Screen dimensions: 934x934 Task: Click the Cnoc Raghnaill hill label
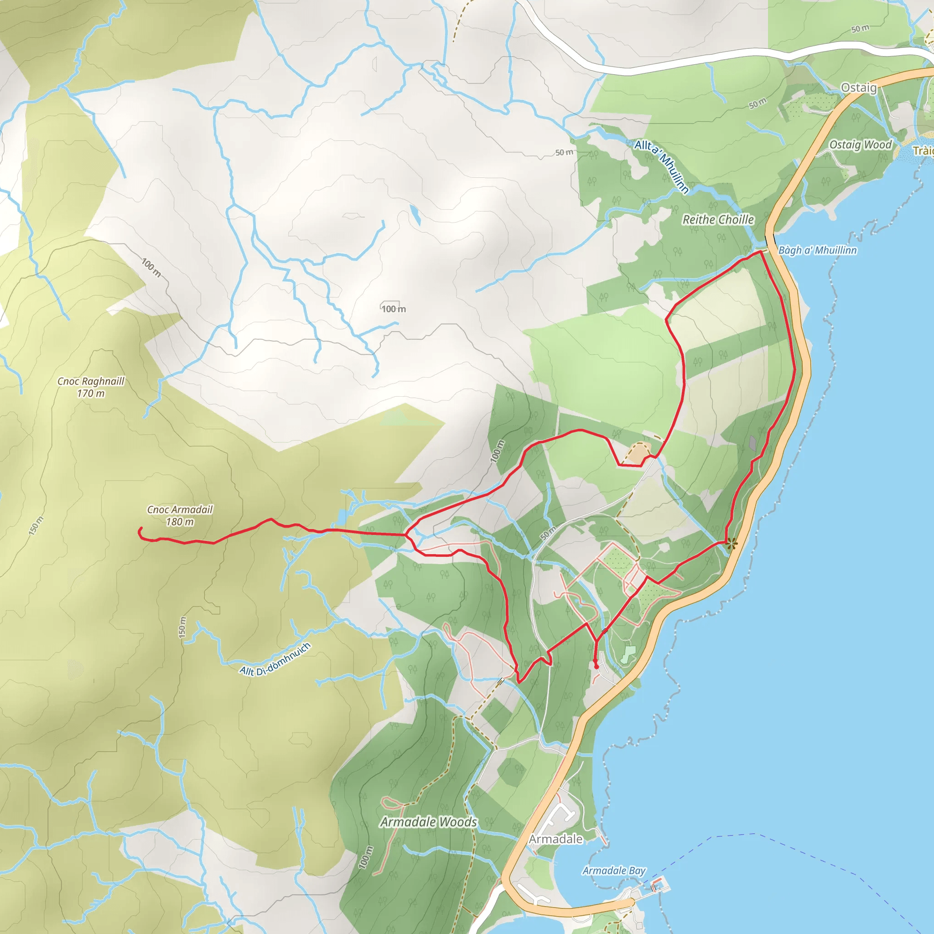(x=91, y=381)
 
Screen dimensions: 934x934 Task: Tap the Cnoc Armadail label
(x=180, y=509)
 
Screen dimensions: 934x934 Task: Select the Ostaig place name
(x=859, y=88)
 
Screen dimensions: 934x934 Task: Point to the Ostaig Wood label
(x=861, y=145)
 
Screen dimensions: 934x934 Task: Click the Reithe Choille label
(x=718, y=219)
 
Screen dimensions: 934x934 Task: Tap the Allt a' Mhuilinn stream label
(x=662, y=166)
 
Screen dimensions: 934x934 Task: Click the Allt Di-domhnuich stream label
(x=275, y=660)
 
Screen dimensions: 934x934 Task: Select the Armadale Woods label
(x=428, y=822)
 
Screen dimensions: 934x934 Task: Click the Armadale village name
(x=555, y=839)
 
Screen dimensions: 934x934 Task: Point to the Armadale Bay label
(x=614, y=871)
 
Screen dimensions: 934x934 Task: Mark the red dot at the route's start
(x=596, y=667)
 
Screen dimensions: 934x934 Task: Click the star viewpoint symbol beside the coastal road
(x=732, y=544)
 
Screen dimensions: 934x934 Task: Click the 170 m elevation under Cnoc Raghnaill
(x=91, y=394)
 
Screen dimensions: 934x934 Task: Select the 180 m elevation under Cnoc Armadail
(x=180, y=522)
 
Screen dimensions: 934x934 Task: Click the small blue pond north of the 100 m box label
(x=415, y=215)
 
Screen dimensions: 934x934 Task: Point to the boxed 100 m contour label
(x=394, y=308)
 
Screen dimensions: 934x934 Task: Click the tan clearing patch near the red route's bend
(x=639, y=453)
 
